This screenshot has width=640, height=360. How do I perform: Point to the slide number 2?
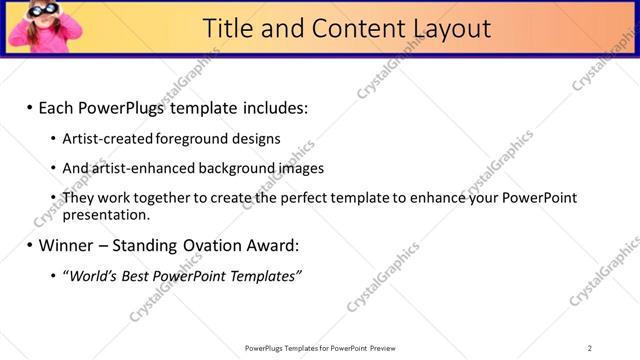[590, 348]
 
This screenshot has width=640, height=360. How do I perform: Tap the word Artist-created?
[102, 139]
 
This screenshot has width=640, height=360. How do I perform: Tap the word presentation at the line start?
[105, 214]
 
